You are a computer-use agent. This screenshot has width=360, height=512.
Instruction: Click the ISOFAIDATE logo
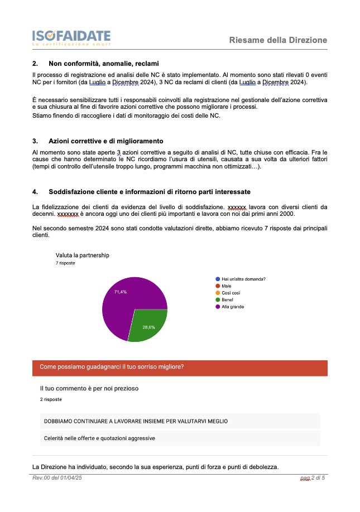(71, 37)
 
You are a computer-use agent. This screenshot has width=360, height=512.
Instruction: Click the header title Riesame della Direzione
(278, 40)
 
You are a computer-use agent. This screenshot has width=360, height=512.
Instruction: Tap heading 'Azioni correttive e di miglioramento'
(105, 141)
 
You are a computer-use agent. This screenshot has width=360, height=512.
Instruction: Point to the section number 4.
(35, 192)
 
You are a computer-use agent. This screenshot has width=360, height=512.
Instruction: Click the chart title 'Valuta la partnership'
(82, 255)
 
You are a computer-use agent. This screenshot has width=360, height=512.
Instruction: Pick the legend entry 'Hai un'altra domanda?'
(243, 279)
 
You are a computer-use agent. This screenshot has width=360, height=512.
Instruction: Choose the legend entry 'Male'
(226, 286)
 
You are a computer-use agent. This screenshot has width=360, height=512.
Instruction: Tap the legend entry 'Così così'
(230, 293)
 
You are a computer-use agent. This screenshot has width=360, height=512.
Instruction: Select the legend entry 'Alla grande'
(232, 307)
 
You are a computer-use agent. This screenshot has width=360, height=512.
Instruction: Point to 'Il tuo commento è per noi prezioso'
(89, 388)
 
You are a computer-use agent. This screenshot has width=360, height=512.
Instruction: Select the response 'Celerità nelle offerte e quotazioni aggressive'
(99, 438)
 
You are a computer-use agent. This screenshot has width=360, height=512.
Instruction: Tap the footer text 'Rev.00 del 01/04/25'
(57, 478)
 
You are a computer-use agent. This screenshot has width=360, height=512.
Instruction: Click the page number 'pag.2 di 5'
(312, 478)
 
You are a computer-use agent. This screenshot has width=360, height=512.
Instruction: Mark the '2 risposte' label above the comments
(51, 400)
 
